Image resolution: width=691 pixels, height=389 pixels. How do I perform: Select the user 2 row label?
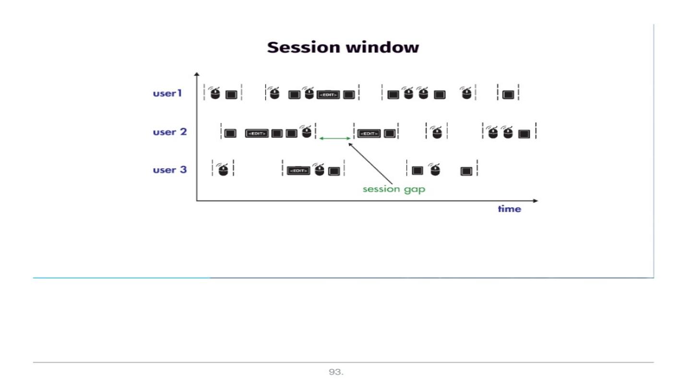tap(169, 132)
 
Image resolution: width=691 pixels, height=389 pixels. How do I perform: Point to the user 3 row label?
tap(169, 170)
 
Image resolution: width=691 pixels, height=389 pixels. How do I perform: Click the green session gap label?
tap(393, 189)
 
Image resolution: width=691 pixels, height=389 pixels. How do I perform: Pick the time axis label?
tap(509, 209)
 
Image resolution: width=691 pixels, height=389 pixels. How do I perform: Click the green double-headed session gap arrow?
tap(335, 138)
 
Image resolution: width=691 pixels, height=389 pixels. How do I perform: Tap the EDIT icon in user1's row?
tap(328, 95)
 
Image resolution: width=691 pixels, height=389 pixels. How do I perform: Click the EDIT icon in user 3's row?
tap(298, 170)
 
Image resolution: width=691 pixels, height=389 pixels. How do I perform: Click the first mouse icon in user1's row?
tap(215, 93)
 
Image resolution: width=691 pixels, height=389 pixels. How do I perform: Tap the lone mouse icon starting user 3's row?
tap(223, 170)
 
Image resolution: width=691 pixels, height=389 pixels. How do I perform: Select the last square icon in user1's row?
tap(508, 95)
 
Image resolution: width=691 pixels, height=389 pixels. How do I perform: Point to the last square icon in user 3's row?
tap(466, 170)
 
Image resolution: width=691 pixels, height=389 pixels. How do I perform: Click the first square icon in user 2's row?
tap(230, 133)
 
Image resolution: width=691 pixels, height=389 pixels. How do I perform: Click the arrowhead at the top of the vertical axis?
tap(196, 74)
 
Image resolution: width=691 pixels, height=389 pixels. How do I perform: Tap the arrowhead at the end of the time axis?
tap(536, 201)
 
